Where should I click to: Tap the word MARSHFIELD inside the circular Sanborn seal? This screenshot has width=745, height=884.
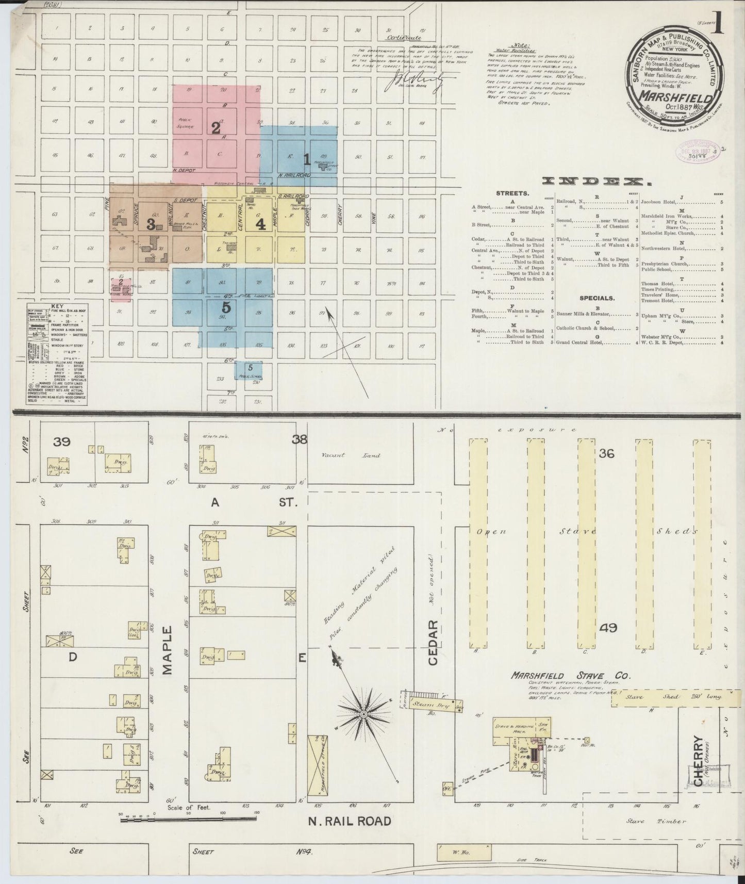[675, 96]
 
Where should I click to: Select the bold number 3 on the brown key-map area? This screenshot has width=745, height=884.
[151, 224]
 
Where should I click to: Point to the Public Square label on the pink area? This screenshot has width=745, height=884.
[184, 122]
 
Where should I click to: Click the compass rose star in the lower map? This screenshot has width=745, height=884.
[363, 714]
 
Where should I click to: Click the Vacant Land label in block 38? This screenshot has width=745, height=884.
[351, 455]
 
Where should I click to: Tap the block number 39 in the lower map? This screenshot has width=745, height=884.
[61, 442]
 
